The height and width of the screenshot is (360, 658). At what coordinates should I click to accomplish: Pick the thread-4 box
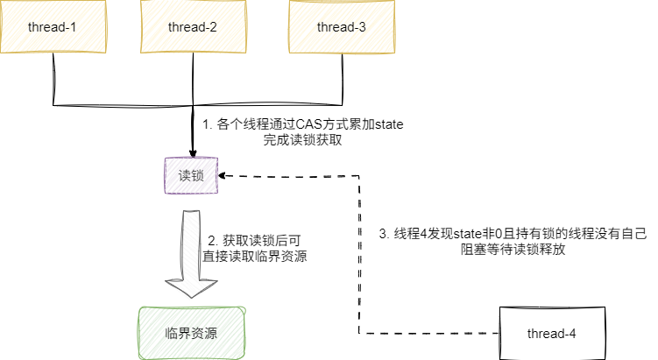551,334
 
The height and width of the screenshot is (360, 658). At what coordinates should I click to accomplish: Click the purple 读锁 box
191,175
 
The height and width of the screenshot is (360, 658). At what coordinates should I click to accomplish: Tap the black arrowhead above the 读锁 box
193,148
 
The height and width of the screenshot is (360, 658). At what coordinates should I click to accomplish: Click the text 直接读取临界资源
254,256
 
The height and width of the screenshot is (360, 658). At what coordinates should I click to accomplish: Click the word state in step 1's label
386,124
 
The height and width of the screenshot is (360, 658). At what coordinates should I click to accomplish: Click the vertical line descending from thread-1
54,74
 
